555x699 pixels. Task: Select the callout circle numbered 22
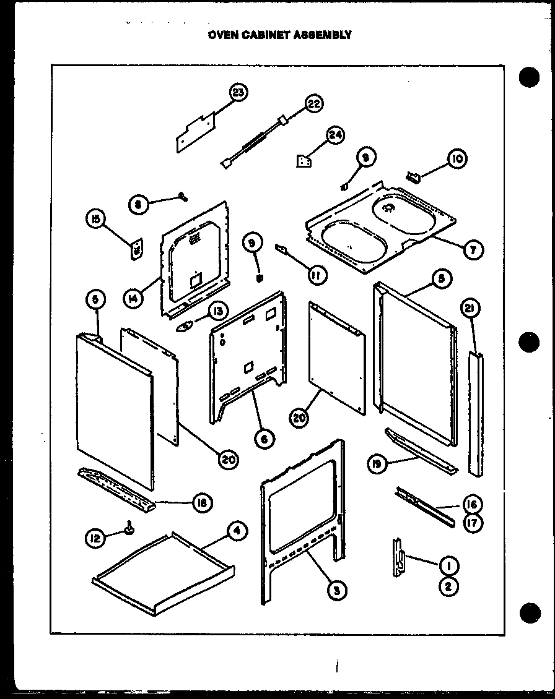(314, 103)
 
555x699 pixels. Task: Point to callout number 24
(336, 135)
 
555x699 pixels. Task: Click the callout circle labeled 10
(458, 158)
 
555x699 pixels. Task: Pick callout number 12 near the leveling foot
(95, 539)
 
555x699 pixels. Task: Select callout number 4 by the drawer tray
(237, 531)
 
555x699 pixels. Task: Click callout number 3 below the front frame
(336, 590)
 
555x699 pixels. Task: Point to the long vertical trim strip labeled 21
(477, 414)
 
